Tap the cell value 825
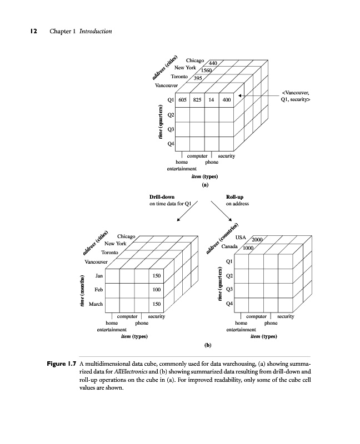click(x=197, y=100)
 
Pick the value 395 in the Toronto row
click(x=197, y=79)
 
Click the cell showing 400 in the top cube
click(x=226, y=100)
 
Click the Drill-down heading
click(x=162, y=197)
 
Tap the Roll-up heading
click(x=235, y=197)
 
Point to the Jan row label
click(x=99, y=275)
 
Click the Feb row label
click(x=98, y=290)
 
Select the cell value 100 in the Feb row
click(x=157, y=290)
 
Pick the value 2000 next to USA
click(x=258, y=239)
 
